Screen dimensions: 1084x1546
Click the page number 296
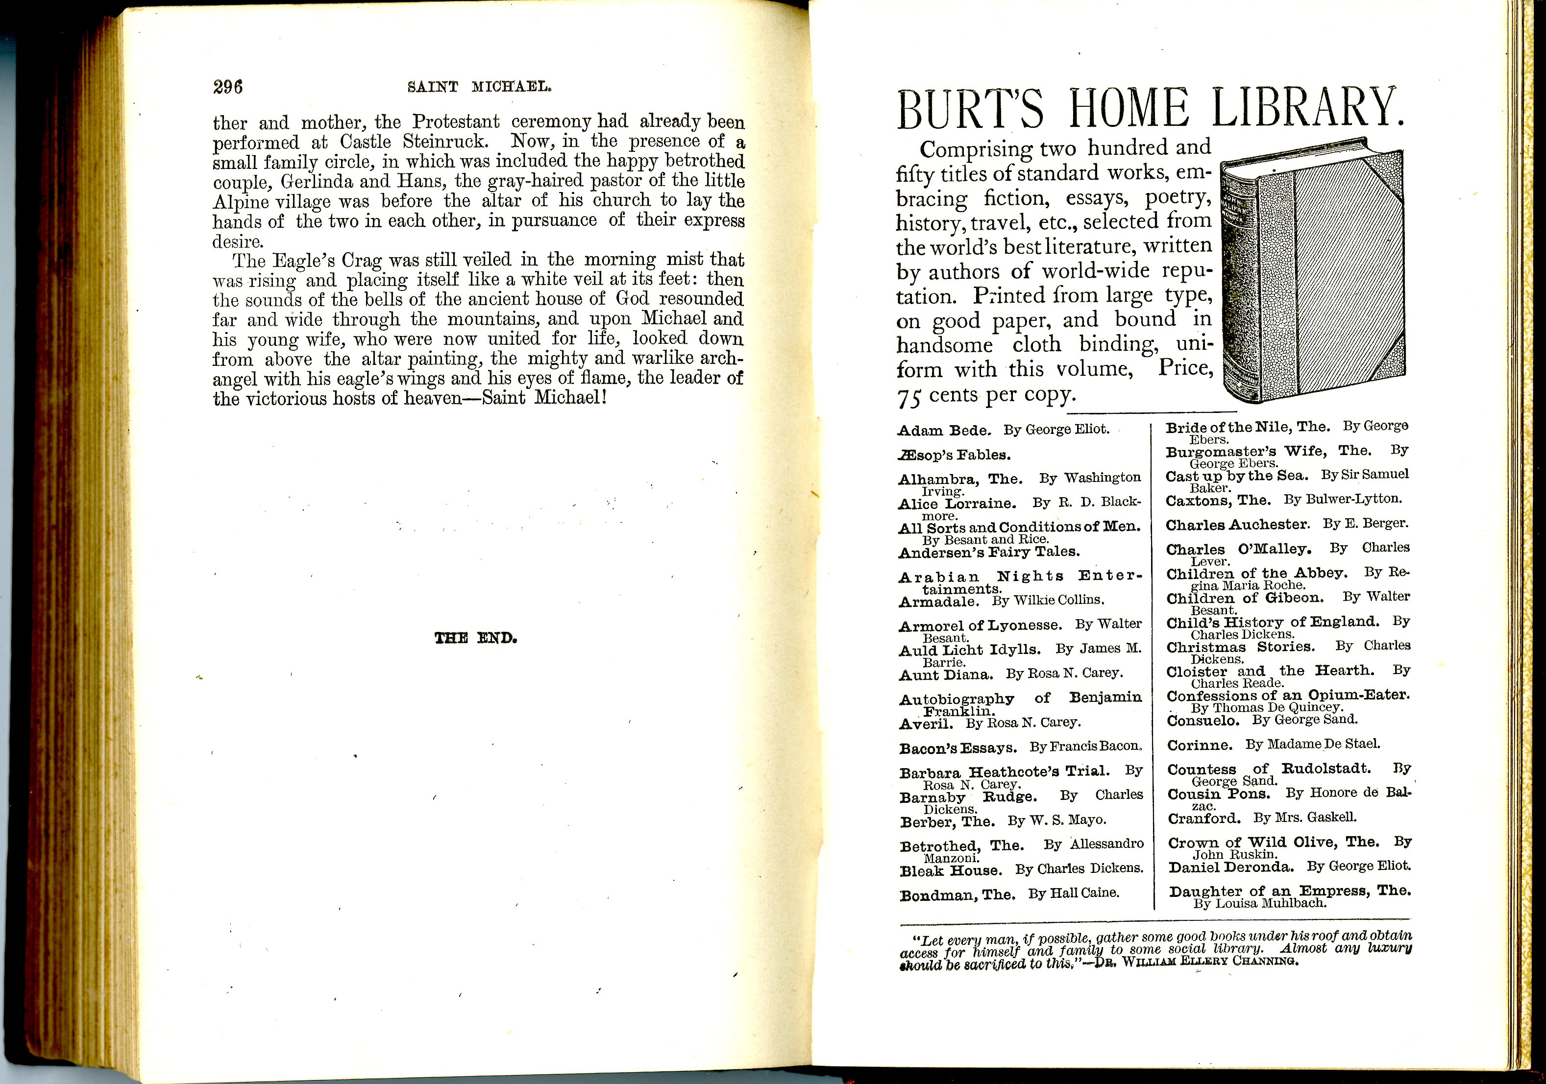pyautogui.click(x=227, y=87)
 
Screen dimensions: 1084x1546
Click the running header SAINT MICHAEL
pyautogui.click(x=479, y=87)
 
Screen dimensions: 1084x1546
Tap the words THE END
pyautogui.click(x=475, y=638)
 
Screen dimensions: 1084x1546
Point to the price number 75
pyautogui.click(x=909, y=398)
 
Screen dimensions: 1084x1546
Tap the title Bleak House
pyautogui.click(x=951, y=870)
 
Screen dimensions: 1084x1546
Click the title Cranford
pyautogui.click(x=1204, y=819)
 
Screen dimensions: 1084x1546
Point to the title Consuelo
pyautogui.click(x=1202, y=721)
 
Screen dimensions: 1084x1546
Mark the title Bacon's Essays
pyautogui.click(x=958, y=748)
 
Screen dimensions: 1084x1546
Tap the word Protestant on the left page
pyautogui.click(x=456, y=122)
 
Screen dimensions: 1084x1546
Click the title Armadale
pyautogui.click(x=938, y=601)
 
